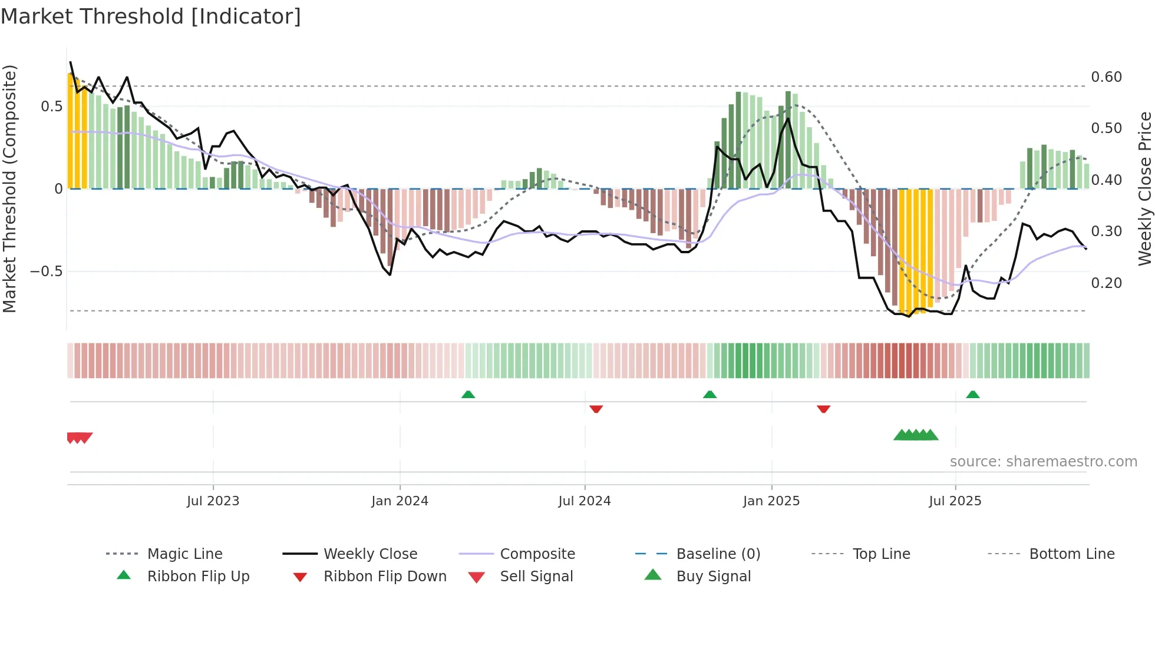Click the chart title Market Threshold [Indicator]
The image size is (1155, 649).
coord(151,16)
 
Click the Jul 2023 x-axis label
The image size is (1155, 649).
coord(213,501)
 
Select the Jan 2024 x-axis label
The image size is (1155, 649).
coord(400,501)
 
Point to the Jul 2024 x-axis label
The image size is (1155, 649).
coord(584,501)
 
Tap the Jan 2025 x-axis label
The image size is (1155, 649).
coord(771,501)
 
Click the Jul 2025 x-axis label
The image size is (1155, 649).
coord(955,501)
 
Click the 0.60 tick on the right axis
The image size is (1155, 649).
coord(1106,77)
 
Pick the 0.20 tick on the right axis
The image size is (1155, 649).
coord(1106,283)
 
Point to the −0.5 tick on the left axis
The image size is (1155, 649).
coord(46,271)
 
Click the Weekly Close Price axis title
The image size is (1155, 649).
coord(1144,188)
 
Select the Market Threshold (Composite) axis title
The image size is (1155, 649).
coord(9,188)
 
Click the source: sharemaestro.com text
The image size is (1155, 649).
coord(1043,462)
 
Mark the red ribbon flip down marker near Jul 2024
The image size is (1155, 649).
coord(596,409)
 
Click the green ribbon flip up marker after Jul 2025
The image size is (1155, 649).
coord(972,395)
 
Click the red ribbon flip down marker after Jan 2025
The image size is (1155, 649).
coord(823,409)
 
